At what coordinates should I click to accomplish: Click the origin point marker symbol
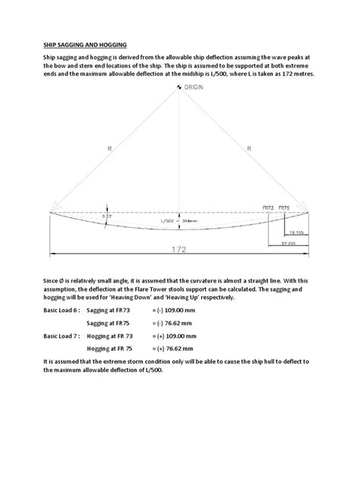coord(179,87)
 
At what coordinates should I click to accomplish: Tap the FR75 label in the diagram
coord(284,206)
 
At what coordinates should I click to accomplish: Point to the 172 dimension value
coord(179,248)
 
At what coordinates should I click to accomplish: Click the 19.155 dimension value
coord(295,234)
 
